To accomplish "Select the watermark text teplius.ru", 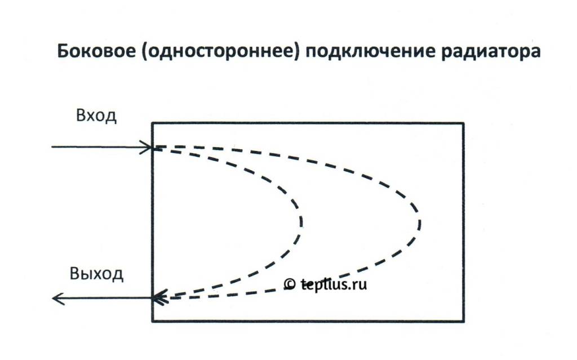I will pos(332,285).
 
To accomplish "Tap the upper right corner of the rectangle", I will pos(463,123).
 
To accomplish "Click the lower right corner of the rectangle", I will pos(463,321).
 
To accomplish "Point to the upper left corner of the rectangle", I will pos(153,123).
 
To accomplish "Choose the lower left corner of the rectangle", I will pos(153,321).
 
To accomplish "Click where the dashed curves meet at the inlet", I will pos(156,148).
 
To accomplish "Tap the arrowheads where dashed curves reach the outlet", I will pos(159,297).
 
